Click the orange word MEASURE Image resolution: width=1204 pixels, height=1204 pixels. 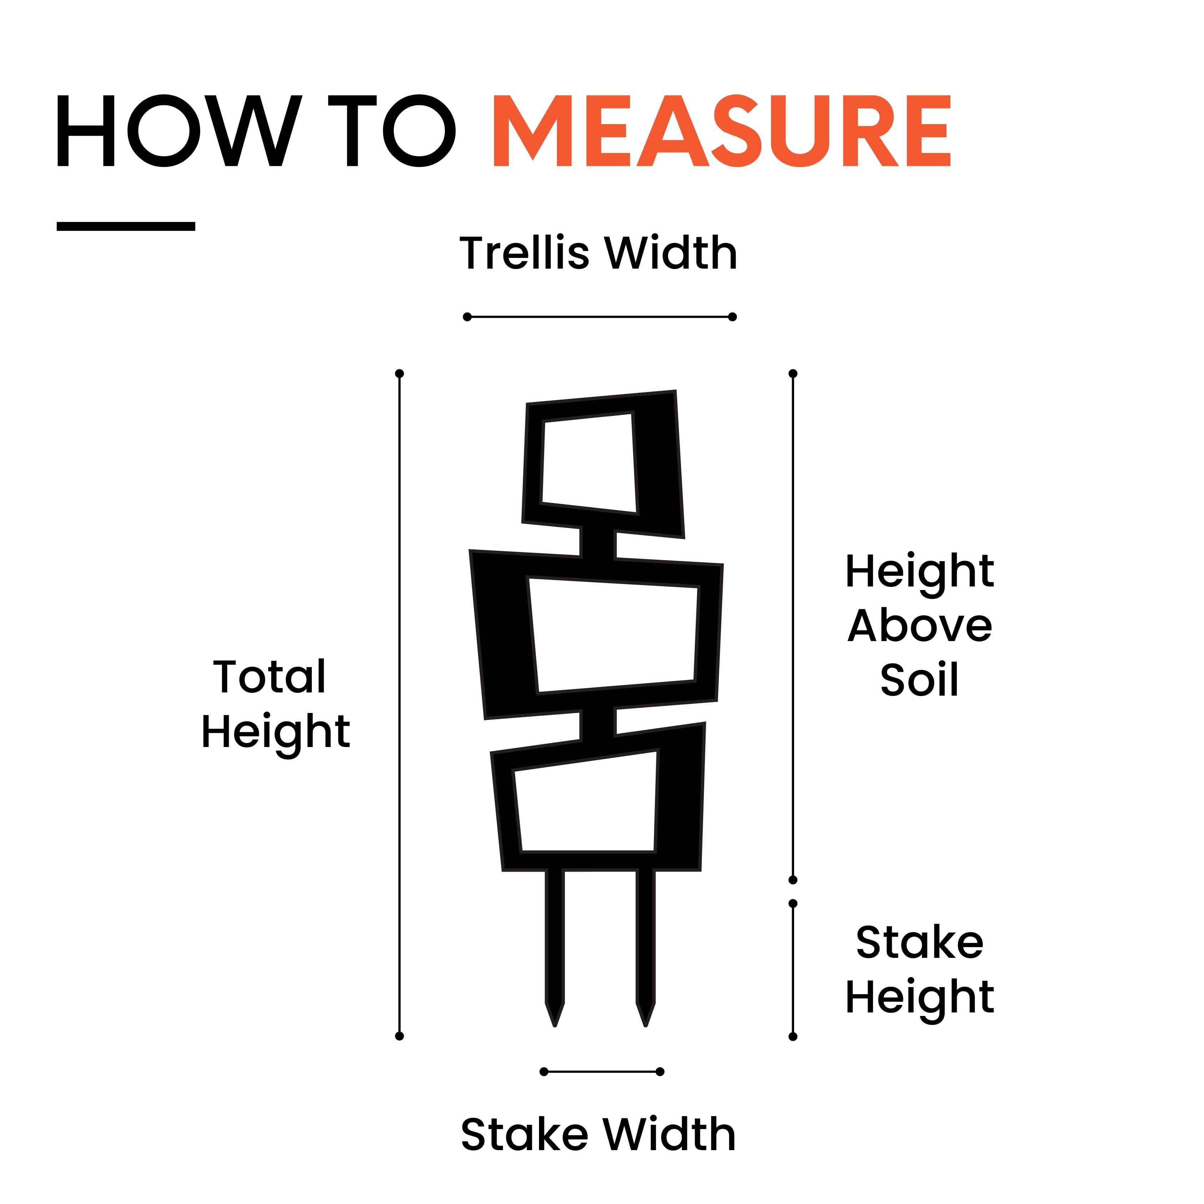(x=722, y=131)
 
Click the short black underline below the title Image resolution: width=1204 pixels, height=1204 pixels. (x=126, y=226)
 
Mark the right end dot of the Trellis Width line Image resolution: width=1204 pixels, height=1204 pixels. (x=733, y=316)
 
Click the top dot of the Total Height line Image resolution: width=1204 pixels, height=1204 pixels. (x=400, y=373)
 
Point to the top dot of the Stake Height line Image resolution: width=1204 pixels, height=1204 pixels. (x=793, y=903)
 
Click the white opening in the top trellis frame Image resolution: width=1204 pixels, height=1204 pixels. (x=589, y=464)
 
